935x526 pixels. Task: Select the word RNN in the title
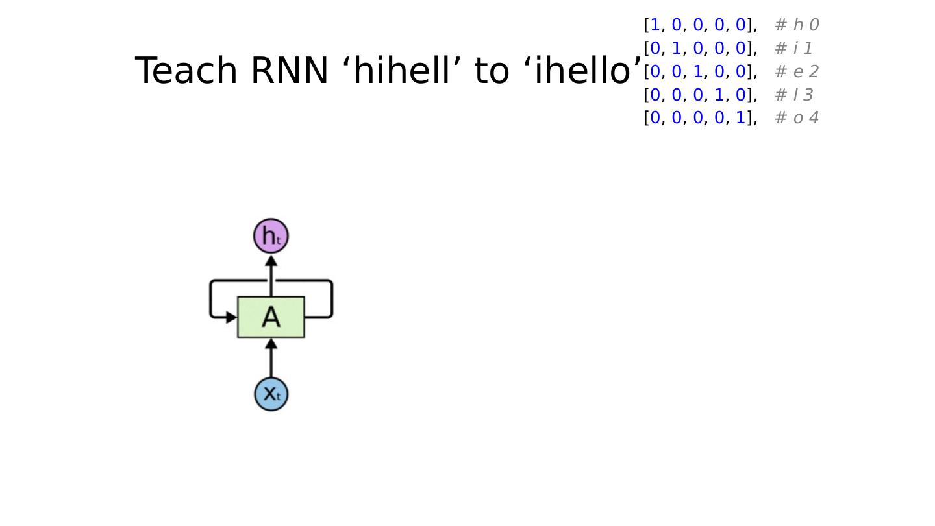coord(289,71)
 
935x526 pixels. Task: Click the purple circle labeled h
coord(271,236)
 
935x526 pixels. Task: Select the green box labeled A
coord(271,317)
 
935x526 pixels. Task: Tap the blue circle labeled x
coord(271,394)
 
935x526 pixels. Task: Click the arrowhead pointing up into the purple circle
coord(271,261)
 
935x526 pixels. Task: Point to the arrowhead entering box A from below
coord(271,344)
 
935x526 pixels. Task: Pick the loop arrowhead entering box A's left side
coord(231,318)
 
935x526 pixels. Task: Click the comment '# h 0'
coord(797,25)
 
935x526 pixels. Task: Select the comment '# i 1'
coord(793,49)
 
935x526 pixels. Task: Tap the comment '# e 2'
coord(797,72)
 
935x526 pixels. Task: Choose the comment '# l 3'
coord(793,95)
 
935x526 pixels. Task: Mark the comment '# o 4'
coord(797,118)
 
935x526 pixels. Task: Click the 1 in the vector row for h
coord(655,25)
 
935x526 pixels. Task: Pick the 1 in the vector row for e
coord(697,72)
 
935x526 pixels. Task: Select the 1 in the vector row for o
coord(740,118)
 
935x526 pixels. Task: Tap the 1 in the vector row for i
coord(677,49)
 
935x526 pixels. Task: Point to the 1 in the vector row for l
coord(719,95)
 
